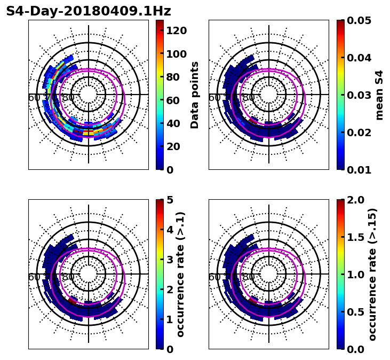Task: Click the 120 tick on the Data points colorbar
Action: tap(176, 30)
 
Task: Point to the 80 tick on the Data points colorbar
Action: tap(173, 77)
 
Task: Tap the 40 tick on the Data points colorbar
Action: tap(173, 123)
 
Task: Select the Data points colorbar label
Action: tap(195, 95)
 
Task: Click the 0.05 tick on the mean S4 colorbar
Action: tap(359, 20)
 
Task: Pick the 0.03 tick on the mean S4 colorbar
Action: tap(359, 95)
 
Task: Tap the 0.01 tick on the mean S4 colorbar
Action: tap(359, 170)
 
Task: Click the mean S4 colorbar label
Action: tap(379, 95)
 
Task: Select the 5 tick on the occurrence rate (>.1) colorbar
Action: tap(170, 200)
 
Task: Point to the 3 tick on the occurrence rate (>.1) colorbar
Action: tap(170, 260)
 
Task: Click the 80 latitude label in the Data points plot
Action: tap(68, 98)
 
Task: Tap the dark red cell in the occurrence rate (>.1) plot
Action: tap(73, 302)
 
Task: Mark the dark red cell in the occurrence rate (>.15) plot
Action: tap(253, 302)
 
